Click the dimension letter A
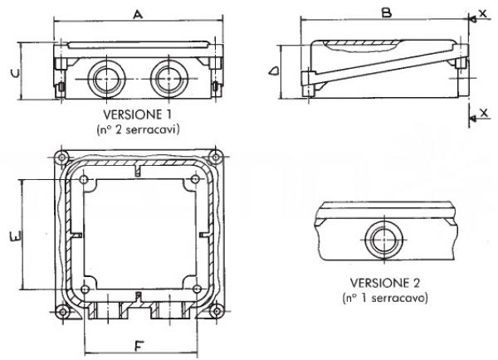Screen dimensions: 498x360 (138, 14)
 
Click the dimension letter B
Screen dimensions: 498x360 (387, 12)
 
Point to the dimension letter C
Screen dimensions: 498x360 (15, 73)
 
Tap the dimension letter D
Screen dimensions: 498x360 (274, 71)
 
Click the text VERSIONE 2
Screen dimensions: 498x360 (385, 283)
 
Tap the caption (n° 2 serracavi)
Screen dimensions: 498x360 (138, 129)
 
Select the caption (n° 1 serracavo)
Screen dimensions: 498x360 (385, 298)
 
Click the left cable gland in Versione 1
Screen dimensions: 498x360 (106, 79)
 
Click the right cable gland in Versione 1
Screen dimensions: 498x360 (168, 79)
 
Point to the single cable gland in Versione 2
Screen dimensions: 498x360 (384, 239)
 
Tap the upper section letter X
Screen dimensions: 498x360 (483, 12)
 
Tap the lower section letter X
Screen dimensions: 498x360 (484, 112)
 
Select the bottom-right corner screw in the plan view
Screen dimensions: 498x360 (217, 311)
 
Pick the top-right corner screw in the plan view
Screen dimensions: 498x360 (216, 157)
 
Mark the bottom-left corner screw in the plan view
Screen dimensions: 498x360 (62, 312)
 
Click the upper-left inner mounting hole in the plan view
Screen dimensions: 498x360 (84, 180)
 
